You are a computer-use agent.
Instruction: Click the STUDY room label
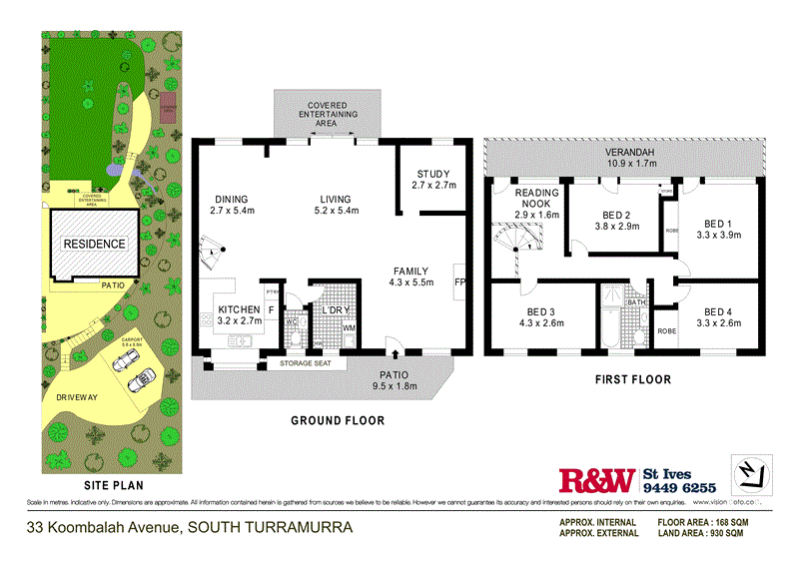[433, 174]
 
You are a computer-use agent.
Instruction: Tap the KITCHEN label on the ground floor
[239, 309]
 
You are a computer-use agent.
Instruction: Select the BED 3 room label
[537, 312]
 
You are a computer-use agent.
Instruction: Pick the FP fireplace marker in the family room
[460, 282]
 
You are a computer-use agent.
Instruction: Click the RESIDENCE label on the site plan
[95, 244]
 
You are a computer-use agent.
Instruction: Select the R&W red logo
[595, 480]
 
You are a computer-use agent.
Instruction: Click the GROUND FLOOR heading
[337, 420]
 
